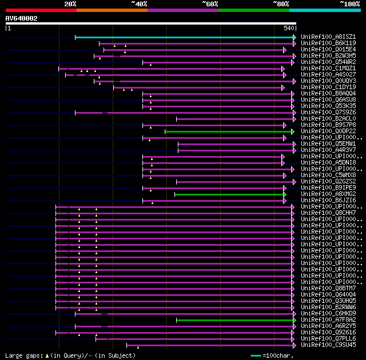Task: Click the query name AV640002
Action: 22,18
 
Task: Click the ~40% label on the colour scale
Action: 139,3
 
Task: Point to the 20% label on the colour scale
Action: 70,3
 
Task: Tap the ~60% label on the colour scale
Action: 210,3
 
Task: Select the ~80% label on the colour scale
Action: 281,3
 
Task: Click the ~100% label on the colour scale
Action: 350,3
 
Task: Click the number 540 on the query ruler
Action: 288,27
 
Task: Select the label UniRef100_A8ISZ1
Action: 328,37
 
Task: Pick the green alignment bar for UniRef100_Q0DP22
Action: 229,131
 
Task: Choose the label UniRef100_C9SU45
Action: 328,345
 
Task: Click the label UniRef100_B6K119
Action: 328,43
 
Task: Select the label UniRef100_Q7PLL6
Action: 328,339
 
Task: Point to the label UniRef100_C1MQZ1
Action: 328,69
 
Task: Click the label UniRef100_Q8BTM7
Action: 328,289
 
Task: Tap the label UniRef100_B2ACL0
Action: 328,119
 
